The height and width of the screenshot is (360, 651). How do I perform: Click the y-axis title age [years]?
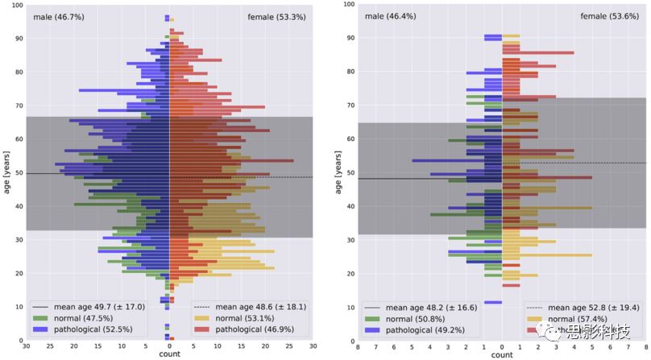(7, 173)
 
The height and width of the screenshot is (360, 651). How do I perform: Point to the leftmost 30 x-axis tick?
(27, 347)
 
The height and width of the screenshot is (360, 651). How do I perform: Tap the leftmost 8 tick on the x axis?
(358, 347)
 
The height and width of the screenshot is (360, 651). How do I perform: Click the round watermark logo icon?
(551, 332)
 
